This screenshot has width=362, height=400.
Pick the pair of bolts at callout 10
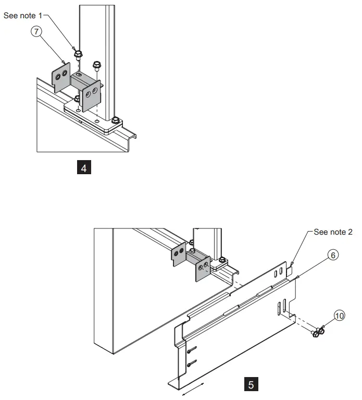tap(317, 332)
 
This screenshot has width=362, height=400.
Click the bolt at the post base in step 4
tap(115, 122)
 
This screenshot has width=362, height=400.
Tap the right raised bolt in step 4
tap(96, 66)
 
